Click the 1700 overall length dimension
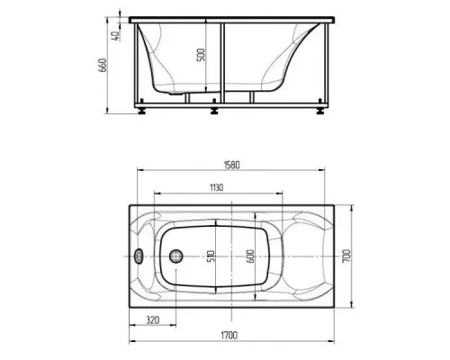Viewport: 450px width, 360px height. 229,335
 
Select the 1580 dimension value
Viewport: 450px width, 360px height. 232,165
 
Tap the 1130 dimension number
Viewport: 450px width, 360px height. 216,188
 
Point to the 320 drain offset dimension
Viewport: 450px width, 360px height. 153,320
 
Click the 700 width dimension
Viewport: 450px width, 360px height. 346,256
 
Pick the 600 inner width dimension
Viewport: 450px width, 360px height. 250,256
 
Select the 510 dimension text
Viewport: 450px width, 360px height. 211,256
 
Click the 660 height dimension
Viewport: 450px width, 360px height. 103,65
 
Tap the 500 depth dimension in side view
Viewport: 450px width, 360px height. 201,55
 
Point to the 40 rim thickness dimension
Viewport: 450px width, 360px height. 115,36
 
